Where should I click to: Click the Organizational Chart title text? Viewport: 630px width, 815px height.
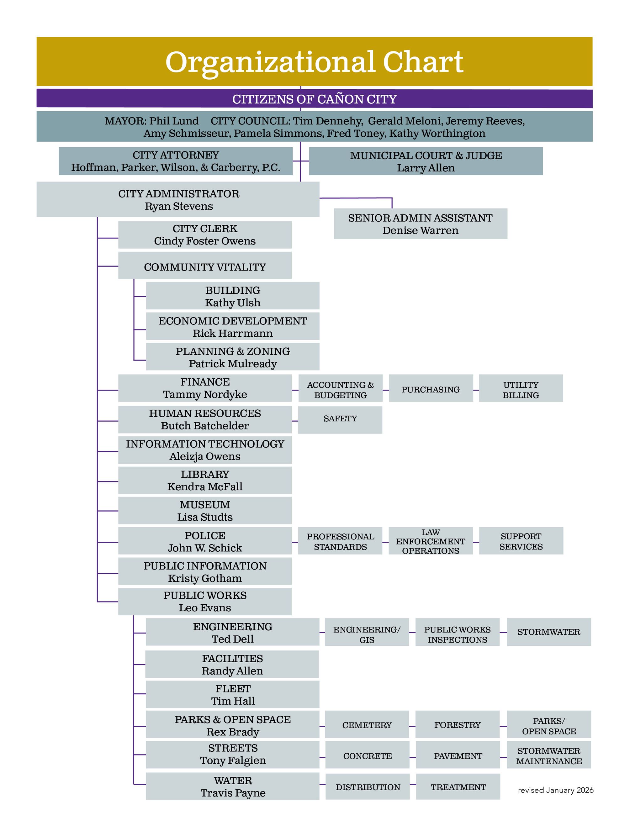pyautogui.click(x=314, y=62)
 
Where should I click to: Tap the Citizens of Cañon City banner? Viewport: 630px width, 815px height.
pyautogui.click(x=314, y=99)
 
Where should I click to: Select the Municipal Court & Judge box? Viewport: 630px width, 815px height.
pyautogui.click(x=426, y=161)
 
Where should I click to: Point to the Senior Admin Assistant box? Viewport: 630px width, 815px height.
pyautogui.click(x=420, y=223)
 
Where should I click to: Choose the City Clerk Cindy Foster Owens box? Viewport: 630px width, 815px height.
pyautogui.click(x=204, y=235)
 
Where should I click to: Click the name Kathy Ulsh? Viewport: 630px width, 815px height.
pyautogui.click(x=232, y=302)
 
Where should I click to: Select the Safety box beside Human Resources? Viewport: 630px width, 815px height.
pyautogui.click(x=340, y=419)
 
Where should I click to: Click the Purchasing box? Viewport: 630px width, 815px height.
pyautogui.click(x=430, y=389)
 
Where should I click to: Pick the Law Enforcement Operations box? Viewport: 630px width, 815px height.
pyautogui.click(x=430, y=541)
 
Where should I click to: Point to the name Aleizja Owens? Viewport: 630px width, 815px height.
pyautogui.click(x=204, y=456)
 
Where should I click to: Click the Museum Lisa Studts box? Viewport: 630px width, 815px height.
pyautogui.click(x=204, y=511)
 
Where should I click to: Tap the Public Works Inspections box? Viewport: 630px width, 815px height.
pyautogui.click(x=457, y=634)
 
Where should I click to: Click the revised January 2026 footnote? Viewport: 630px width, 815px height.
pyautogui.click(x=555, y=790)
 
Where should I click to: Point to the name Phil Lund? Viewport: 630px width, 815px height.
pyautogui.click(x=174, y=121)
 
